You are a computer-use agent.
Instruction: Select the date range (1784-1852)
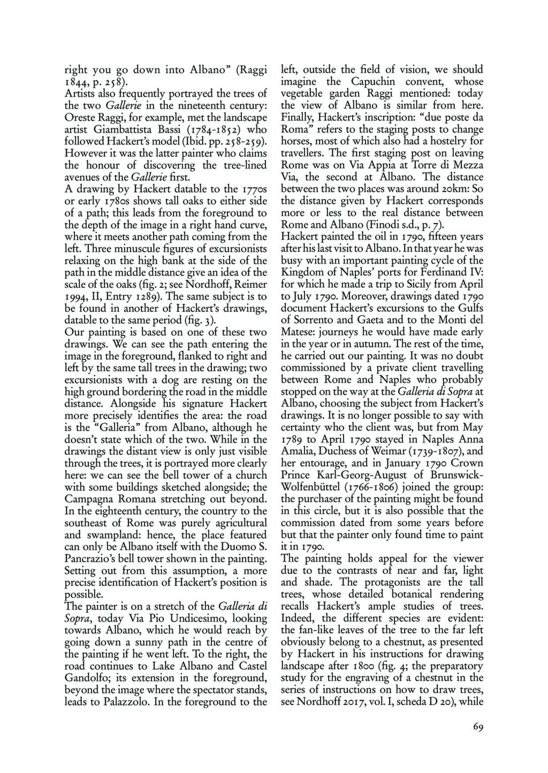(199, 129)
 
